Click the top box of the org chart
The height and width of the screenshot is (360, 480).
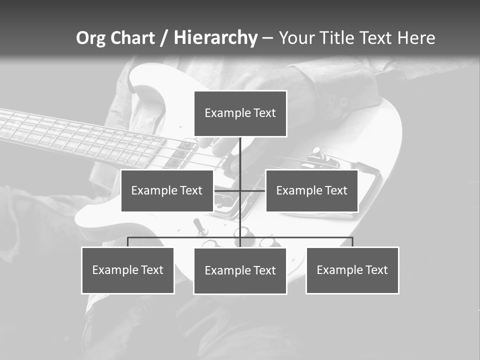[240, 113]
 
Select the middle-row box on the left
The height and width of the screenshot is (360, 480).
[167, 190]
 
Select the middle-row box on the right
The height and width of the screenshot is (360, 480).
[311, 190]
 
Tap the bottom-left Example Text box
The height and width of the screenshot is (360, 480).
[128, 270]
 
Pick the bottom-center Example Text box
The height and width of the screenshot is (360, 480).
[240, 270]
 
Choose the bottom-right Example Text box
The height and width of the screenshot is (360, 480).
[352, 270]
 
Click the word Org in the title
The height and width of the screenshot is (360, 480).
[90, 38]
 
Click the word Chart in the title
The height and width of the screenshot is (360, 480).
[132, 38]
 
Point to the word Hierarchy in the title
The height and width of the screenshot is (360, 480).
[215, 38]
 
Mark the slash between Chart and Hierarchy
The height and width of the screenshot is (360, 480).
[164, 38]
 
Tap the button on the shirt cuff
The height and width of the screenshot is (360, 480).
[344, 101]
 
